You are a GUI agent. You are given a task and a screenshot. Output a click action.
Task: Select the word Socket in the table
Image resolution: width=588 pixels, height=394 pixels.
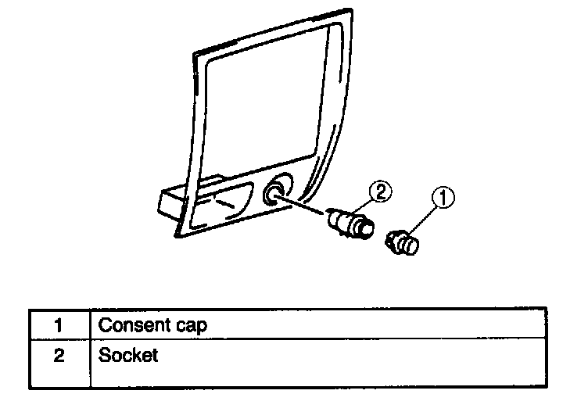tap(128, 356)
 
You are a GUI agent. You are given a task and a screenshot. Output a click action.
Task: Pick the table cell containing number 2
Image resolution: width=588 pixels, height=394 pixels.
tap(59, 356)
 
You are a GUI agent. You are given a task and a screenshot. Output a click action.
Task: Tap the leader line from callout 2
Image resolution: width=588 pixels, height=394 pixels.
tap(369, 202)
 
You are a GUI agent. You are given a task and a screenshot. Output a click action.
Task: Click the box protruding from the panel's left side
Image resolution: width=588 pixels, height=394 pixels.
tap(172, 202)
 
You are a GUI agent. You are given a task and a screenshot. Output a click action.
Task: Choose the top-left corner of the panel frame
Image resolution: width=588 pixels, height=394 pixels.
tap(195, 54)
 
